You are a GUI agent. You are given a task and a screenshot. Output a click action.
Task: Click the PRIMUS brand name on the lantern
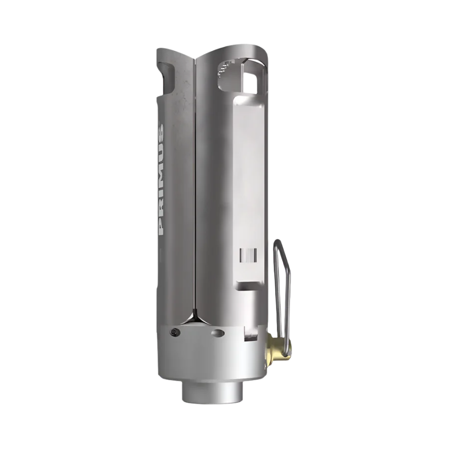click(161, 180)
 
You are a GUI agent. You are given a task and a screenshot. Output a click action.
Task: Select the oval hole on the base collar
click(218, 333)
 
